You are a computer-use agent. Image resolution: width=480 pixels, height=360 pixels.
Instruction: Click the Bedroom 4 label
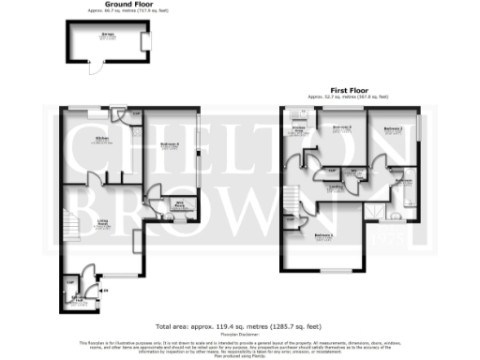click(x=170, y=143)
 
